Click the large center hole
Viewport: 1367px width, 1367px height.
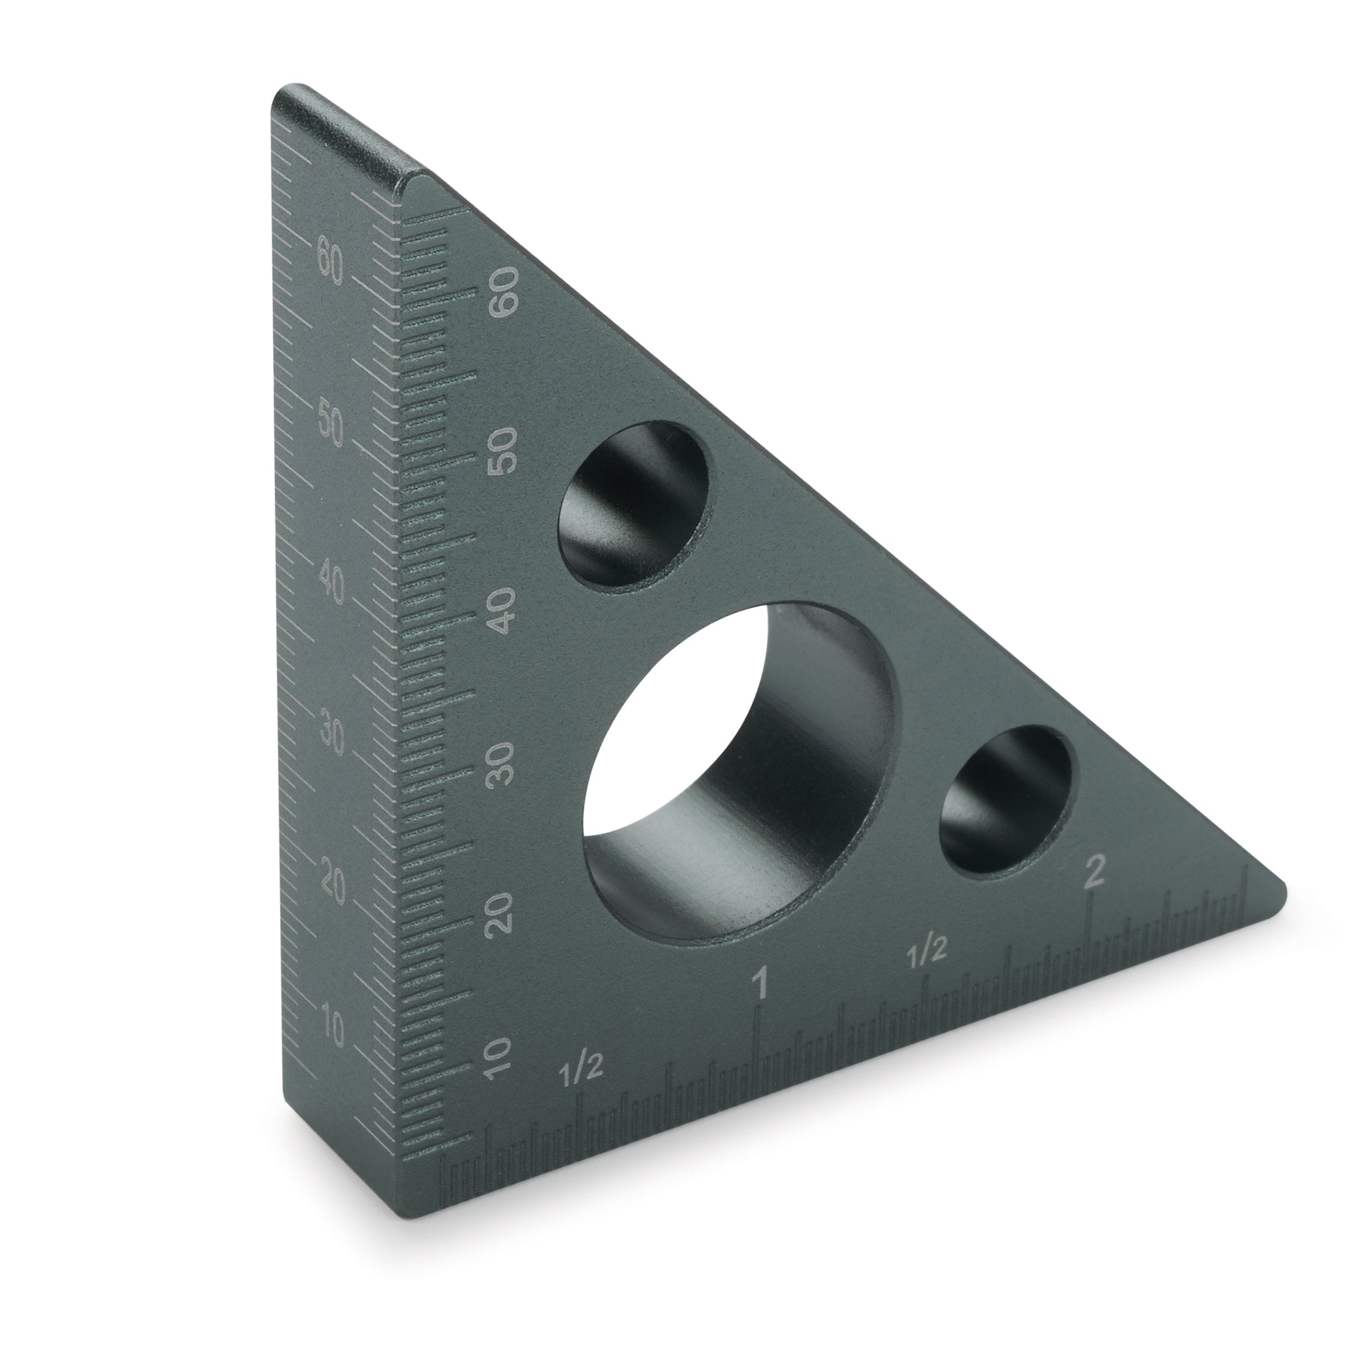(x=739, y=771)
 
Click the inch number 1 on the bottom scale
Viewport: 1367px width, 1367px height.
(x=761, y=984)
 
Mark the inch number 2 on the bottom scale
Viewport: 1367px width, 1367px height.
(x=1094, y=871)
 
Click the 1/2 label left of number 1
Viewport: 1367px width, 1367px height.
(x=580, y=1071)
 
